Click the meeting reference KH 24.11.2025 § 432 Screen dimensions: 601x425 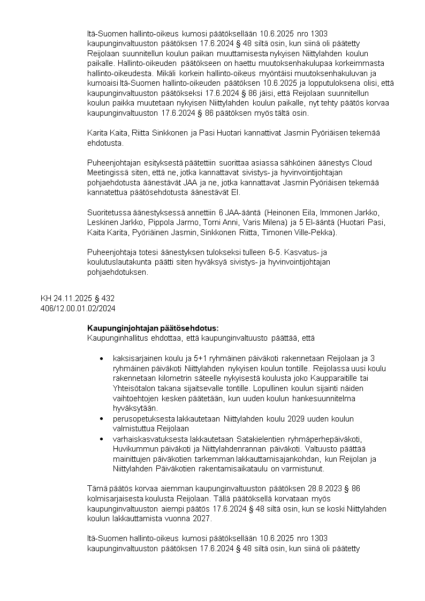[78, 298]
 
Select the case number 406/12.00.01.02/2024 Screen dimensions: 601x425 [78, 308]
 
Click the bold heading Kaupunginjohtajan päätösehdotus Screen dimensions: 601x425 [153, 328]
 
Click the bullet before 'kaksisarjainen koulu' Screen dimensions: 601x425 [102, 358]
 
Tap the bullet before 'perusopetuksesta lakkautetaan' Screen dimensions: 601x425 [102, 419]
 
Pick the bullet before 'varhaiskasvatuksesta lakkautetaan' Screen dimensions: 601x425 [102, 439]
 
